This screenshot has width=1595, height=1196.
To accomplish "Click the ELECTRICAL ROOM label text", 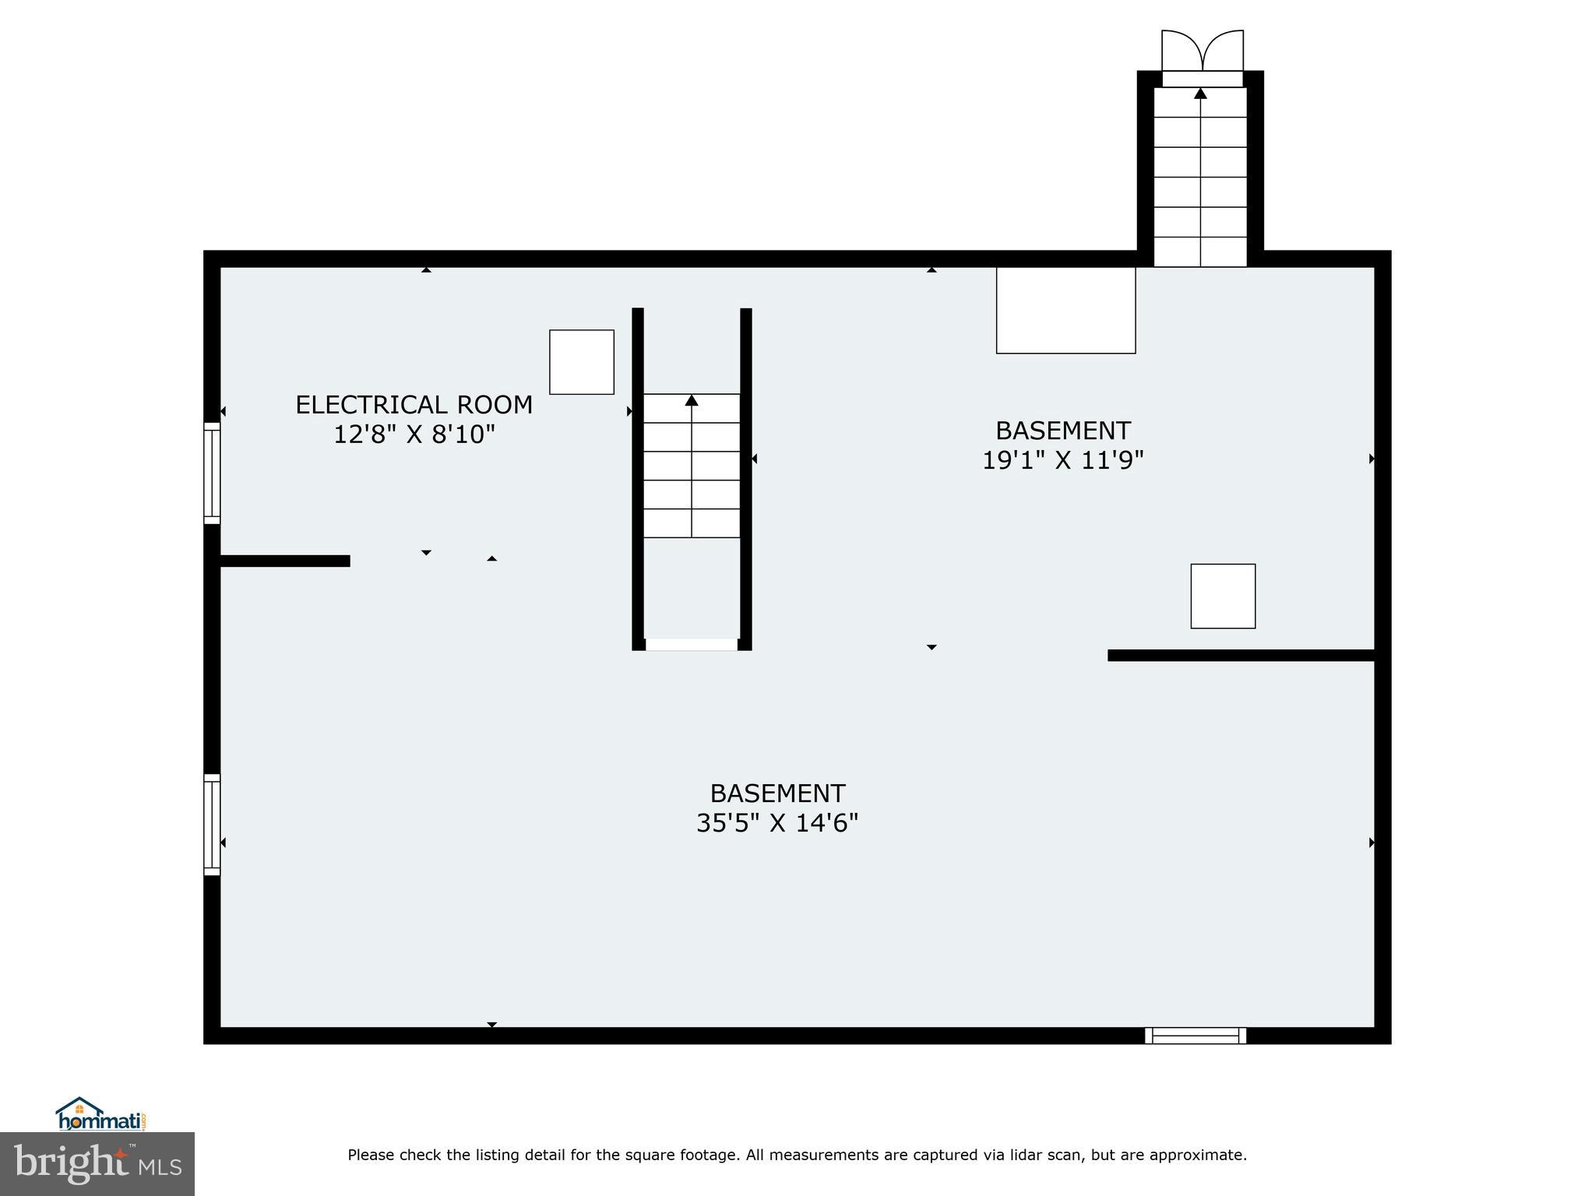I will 414,405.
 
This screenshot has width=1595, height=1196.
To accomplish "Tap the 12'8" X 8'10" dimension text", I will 414,434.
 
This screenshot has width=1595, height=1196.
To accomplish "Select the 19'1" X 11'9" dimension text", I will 1062,460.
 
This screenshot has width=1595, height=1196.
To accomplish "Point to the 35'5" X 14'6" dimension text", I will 776,823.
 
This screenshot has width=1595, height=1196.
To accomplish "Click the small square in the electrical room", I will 582,362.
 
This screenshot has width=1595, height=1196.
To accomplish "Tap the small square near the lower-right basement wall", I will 1223,596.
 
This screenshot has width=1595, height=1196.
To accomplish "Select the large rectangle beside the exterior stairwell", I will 1065,310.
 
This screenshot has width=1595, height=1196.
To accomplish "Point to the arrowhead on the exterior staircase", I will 1200,93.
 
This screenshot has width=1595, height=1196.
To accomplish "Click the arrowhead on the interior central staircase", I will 692,400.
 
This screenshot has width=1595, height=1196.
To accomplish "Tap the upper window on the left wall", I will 212,473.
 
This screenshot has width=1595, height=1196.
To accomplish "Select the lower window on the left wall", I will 212,825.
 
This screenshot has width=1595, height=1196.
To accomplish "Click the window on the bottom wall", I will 1195,1036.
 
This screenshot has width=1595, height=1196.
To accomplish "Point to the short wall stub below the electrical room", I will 284,561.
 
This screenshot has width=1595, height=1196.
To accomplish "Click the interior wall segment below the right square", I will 1240,655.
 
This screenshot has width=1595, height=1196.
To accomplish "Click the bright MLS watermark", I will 97,1164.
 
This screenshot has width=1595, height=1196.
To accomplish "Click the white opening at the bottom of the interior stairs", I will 691,644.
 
